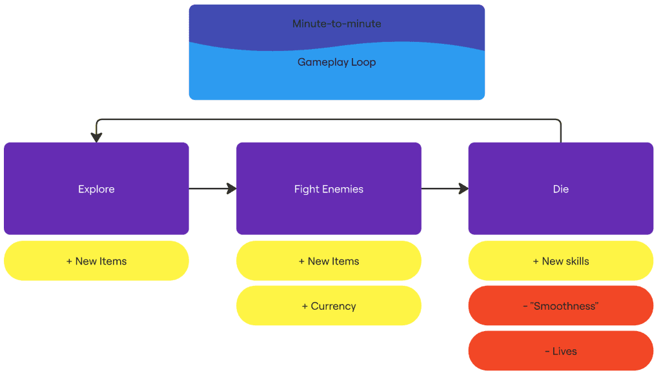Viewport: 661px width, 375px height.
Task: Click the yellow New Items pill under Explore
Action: (96, 261)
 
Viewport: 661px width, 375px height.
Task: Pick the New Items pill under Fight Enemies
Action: (329, 261)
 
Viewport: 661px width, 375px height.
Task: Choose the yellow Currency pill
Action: (329, 306)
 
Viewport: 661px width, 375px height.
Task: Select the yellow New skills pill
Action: (560, 261)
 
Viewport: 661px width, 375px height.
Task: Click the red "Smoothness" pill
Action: (560, 306)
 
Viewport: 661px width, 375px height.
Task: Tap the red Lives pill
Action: (560, 351)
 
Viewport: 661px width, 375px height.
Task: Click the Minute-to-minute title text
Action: (336, 24)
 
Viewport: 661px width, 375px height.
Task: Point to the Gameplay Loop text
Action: (336, 63)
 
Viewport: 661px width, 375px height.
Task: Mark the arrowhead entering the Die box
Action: (463, 188)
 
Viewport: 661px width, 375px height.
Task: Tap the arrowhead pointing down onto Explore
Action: (97, 137)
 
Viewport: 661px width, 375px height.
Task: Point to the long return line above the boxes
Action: (329, 119)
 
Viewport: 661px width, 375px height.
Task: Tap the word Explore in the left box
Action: (96, 189)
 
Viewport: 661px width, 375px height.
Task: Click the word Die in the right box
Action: (560, 189)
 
